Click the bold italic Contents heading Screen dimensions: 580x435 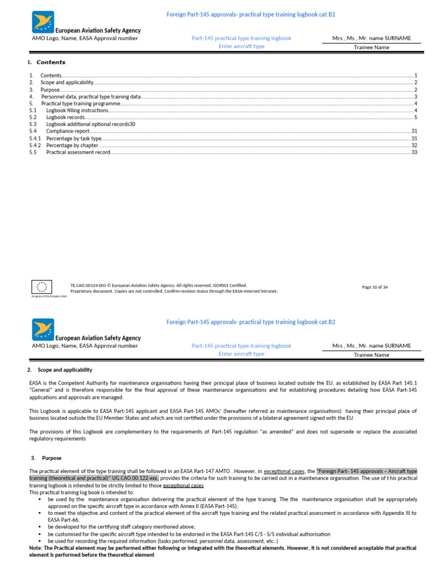51,62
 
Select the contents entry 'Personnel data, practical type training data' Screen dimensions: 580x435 91,97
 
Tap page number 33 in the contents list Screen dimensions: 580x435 414,152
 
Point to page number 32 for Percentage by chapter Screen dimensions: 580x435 414,145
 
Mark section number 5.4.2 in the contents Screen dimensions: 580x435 35,145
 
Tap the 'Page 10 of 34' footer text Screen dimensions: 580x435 374,287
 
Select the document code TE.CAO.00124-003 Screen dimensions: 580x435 89,285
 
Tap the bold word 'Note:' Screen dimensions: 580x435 37,548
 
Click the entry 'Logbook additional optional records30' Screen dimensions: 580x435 91,124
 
